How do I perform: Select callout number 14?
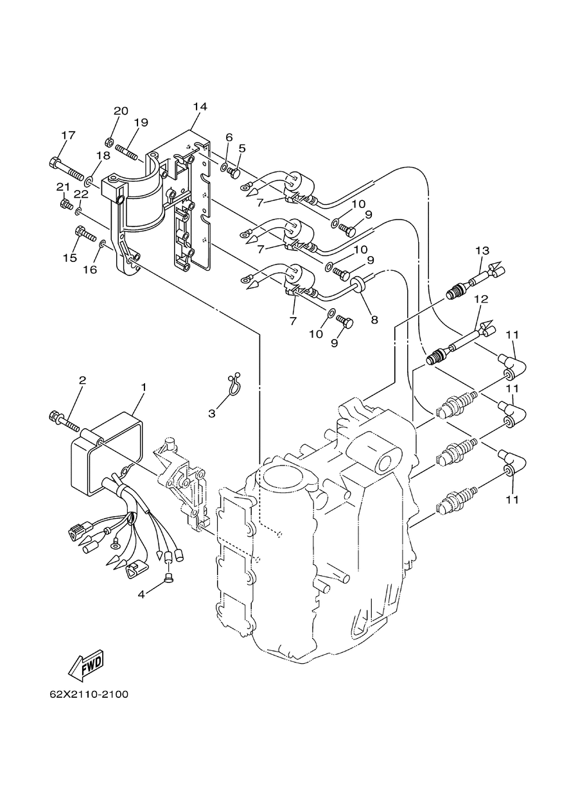coord(200,107)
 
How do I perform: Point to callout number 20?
coord(121,111)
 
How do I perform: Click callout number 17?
coord(69,135)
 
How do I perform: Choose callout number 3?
coord(212,413)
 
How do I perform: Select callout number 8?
coord(374,320)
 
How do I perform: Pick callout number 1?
coord(144,386)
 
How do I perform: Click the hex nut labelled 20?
coord(109,142)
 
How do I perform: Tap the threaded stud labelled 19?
coord(126,152)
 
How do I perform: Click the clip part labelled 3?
coord(233,386)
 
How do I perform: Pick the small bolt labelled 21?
coord(66,204)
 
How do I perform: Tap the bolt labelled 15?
coord(86,233)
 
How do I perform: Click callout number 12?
coord(481,299)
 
